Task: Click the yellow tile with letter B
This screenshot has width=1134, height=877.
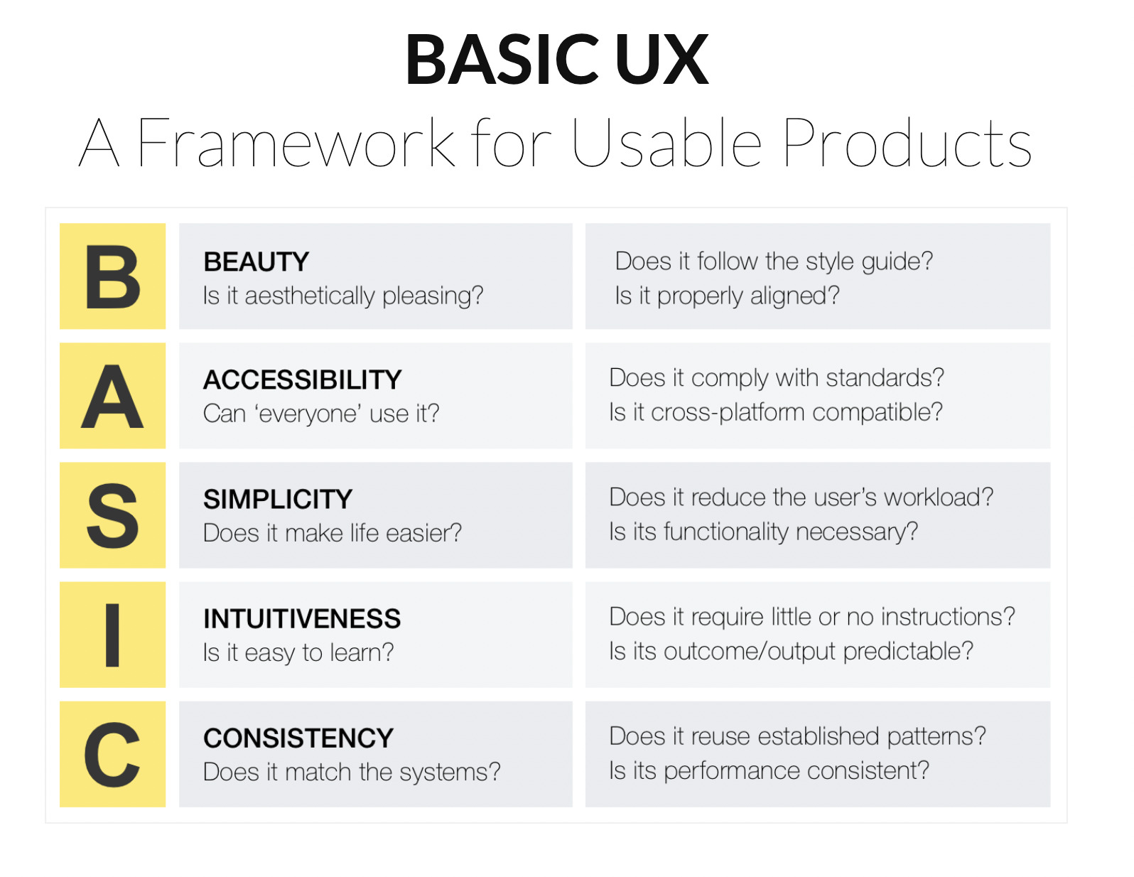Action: pos(112,276)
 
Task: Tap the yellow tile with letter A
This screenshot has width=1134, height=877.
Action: pos(112,396)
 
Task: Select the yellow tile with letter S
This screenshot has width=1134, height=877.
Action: pos(112,515)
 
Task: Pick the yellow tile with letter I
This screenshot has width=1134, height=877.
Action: pos(112,635)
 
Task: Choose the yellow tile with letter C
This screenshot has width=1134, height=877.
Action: pos(112,754)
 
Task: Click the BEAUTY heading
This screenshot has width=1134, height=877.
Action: pos(256,262)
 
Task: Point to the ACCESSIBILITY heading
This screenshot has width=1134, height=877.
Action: pos(303,380)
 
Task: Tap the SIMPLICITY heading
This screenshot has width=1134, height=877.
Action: pos(278,499)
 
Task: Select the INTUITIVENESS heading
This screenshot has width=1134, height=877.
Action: pos(302,618)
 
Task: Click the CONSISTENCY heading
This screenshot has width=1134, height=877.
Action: pos(298,738)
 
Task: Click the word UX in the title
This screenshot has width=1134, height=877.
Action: pos(661,59)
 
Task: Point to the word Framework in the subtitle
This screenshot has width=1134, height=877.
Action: pos(296,143)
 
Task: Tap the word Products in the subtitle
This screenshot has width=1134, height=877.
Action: pos(907,143)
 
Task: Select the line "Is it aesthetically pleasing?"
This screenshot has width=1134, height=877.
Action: pos(343,296)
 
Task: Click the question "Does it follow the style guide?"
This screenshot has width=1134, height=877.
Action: pos(774,262)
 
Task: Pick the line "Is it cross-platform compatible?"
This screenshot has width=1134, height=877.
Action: pos(776,412)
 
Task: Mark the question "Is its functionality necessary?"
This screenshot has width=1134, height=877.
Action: pos(764,532)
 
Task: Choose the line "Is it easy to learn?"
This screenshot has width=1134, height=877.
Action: pos(298,653)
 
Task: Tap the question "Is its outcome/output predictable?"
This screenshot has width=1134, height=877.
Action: pos(791,652)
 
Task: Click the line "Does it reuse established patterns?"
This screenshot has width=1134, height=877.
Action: pos(797,737)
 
